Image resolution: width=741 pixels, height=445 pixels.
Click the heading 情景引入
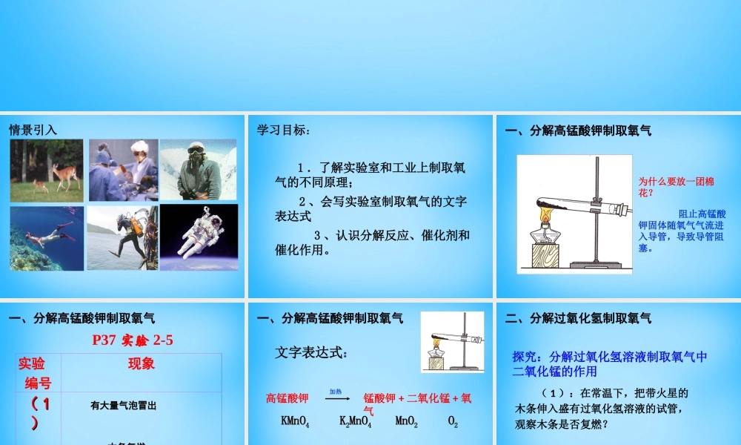tap(33, 130)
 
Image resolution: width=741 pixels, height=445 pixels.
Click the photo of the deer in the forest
tap(46, 170)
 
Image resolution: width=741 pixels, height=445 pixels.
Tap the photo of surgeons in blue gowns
tap(123, 170)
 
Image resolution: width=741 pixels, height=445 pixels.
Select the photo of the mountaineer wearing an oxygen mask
tap(199, 170)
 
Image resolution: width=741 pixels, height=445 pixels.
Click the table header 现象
tap(141, 363)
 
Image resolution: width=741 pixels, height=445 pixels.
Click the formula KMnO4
tap(295, 422)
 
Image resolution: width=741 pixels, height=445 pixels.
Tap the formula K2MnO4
tap(355, 422)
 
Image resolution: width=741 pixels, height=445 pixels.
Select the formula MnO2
tap(407, 422)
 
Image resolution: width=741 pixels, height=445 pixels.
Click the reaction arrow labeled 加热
tap(337, 398)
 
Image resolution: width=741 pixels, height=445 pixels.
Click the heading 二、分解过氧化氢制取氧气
tap(578, 318)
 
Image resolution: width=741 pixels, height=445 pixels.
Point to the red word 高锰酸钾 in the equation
tap(290, 398)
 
